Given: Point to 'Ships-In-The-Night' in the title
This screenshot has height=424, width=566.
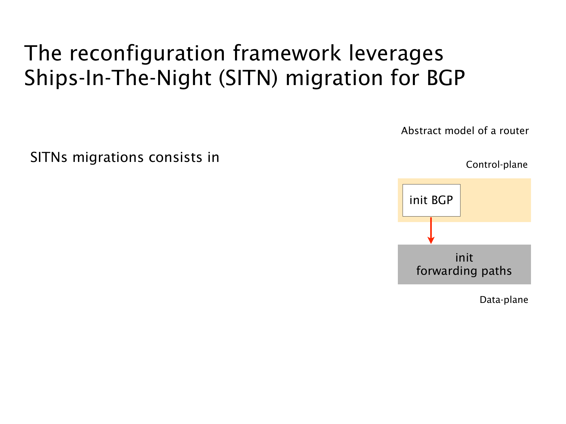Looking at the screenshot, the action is pos(118,78).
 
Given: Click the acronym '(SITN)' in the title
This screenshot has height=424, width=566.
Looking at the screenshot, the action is pos(248,78).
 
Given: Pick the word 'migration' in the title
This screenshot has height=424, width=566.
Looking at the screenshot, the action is pos(334,78).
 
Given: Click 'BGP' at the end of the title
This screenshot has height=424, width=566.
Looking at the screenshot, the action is pos(446,78).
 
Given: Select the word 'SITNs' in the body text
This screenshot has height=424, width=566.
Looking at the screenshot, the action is pos(49,157).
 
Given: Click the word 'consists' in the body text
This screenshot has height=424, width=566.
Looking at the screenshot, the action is pos(175,157).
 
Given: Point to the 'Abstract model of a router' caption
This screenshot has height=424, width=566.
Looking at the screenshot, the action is pos(465,131).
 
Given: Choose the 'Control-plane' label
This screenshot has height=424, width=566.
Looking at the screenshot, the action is pos(497,165).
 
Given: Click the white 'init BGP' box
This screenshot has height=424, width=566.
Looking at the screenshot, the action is pos(432,200).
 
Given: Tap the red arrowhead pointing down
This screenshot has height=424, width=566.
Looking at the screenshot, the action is pos(431,240).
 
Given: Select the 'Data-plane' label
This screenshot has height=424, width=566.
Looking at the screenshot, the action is pos(504,300).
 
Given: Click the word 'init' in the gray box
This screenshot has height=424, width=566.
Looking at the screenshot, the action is pos(464,258).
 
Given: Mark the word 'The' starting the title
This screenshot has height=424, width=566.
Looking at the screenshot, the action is pos(43,53).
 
